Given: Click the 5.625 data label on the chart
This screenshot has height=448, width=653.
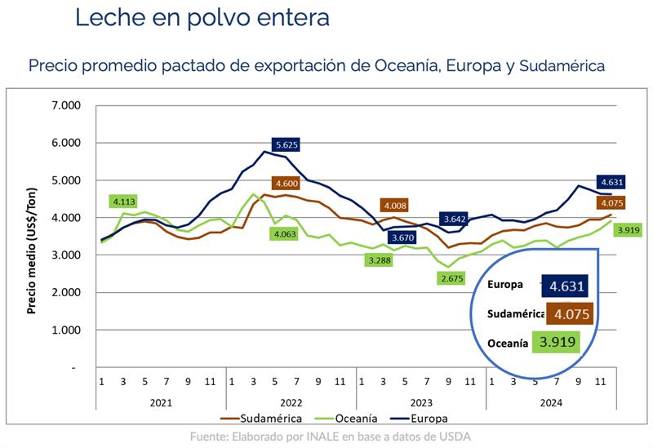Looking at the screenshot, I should point(285,144).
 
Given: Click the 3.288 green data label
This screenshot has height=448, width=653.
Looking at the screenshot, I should point(382,260).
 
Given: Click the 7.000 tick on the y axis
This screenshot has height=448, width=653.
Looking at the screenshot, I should point(66,105).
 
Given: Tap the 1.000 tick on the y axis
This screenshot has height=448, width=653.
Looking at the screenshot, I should point(66,330).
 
